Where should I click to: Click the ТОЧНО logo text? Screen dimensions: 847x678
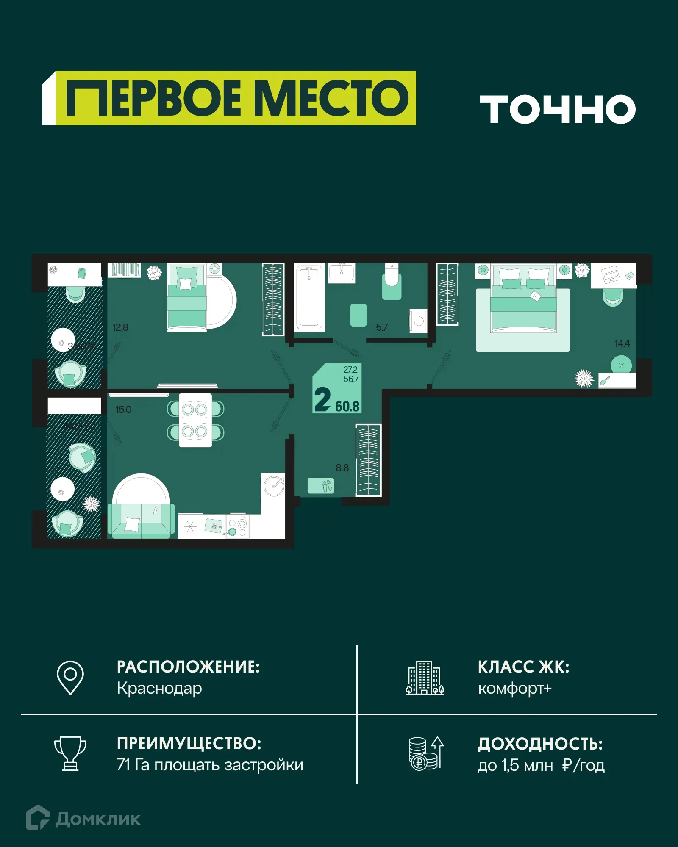coord(557,109)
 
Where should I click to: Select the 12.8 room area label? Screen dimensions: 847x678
coord(120,327)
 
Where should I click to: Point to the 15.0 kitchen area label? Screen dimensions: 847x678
coord(123,410)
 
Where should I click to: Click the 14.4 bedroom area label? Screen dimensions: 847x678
coord(622,343)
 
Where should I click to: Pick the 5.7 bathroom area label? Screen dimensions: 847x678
coord(382,327)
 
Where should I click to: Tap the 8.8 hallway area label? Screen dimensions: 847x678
coord(342,468)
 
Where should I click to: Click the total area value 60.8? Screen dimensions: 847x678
coord(347,407)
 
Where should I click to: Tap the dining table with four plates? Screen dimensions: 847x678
coord(195,420)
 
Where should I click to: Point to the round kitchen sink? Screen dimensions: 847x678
coord(274,486)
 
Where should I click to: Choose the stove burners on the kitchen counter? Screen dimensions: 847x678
coord(238,527)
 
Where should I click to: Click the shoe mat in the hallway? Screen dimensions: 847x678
coord(321,485)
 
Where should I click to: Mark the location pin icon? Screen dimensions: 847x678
coord(70,677)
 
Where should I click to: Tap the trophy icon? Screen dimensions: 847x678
coord(70,753)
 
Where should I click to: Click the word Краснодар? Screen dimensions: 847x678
coord(159,688)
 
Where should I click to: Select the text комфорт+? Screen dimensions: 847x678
coord(514,688)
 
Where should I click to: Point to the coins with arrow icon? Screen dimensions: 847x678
coord(426,753)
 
